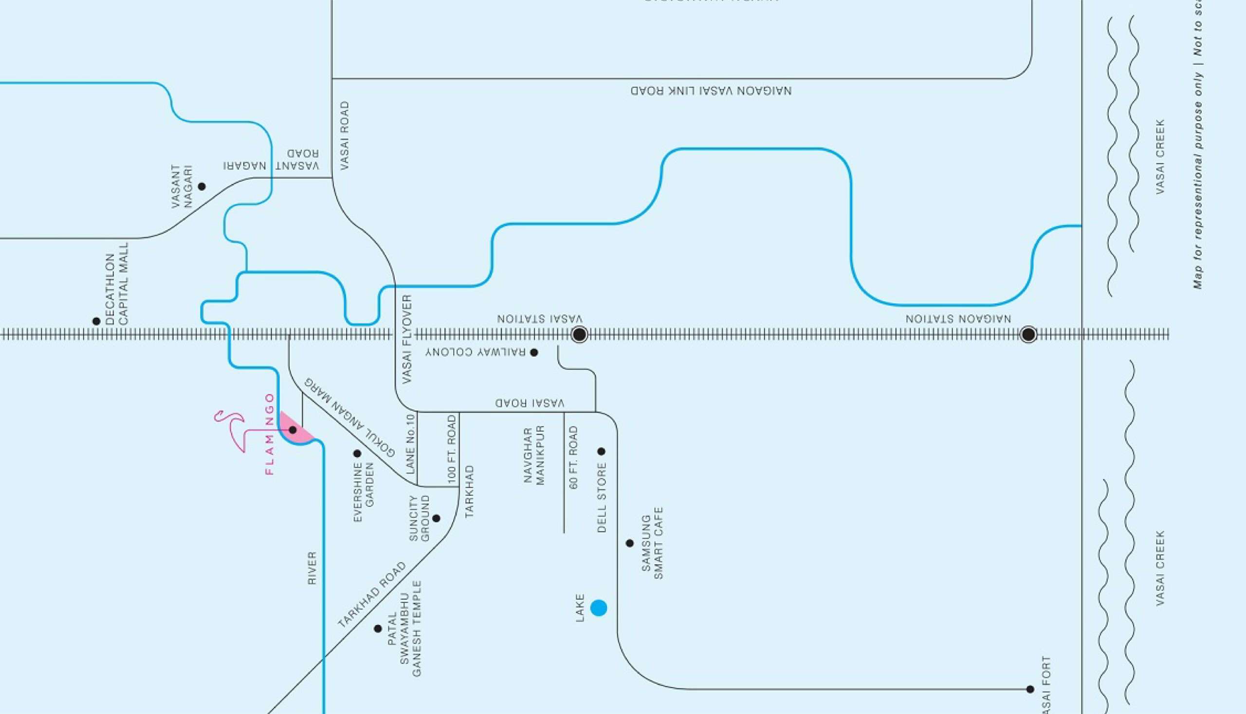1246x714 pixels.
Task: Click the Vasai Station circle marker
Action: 579,334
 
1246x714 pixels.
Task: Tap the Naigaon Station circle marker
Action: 1028,334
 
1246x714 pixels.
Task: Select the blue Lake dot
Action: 598,608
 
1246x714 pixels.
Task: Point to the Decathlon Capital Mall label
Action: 117,283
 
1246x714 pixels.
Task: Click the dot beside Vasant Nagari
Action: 202,186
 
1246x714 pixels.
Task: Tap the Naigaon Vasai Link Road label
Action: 711,91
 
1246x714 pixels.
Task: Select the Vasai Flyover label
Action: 407,339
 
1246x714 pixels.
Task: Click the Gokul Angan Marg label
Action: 349,417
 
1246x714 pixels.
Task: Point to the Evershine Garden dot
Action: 357,454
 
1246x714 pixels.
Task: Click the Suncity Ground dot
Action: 437,518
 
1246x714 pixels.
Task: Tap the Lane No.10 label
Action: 411,444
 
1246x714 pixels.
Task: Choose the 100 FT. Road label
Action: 452,447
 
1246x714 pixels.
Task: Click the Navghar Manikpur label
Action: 534,456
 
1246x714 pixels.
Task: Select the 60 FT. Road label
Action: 574,458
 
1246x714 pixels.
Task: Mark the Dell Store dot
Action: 601,451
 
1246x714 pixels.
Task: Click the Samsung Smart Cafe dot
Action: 630,543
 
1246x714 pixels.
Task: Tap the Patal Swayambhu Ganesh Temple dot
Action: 378,629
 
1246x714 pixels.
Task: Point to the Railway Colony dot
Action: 534,352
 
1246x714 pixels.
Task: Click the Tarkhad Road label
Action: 372,595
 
